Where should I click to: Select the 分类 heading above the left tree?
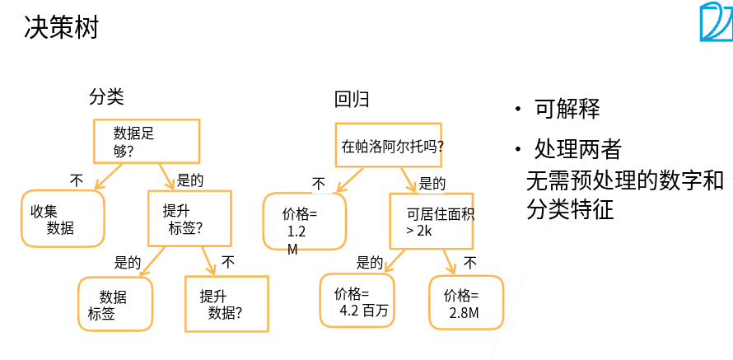click(106, 97)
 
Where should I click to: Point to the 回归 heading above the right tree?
click(352, 100)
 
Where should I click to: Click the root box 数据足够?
click(145, 141)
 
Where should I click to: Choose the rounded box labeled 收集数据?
click(63, 219)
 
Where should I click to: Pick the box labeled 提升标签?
click(189, 219)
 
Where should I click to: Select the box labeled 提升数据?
click(226, 304)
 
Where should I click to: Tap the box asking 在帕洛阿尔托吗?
click(393, 146)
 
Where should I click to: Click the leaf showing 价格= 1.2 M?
click(304, 222)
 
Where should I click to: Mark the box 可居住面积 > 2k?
click(432, 222)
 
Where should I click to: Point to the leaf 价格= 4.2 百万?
click(357, 301)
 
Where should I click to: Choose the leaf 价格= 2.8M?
click(466, 303)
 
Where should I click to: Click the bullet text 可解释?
click(567, 109)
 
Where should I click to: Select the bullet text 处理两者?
click(578, 149)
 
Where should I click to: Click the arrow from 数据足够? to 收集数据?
click(109, 175)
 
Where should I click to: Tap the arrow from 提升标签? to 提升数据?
click(207, 260)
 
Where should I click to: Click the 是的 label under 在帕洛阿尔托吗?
click(432, 183)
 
